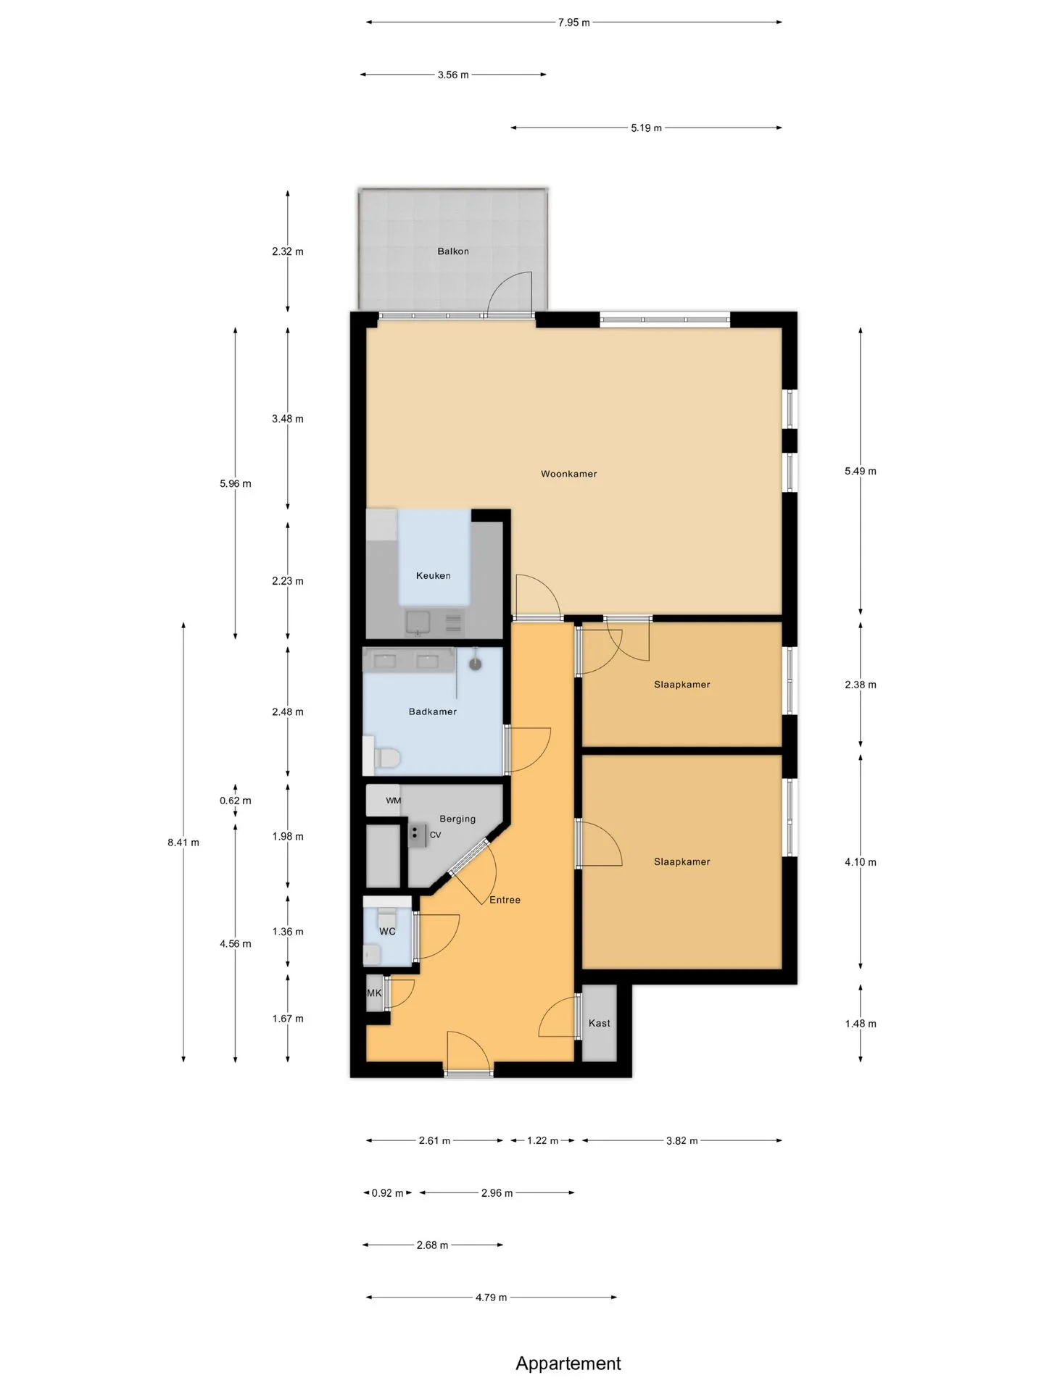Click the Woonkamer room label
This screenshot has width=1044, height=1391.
569,474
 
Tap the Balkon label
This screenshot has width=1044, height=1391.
453,251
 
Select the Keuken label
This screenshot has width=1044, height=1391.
434,576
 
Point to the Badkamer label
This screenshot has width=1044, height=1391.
433,711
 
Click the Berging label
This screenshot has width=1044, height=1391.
457,819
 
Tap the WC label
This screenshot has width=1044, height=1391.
387,932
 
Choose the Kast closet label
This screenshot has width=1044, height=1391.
600,1023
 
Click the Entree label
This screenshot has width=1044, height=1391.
505,900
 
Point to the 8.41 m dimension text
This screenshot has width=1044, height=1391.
183,843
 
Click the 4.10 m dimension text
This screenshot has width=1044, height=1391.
861,862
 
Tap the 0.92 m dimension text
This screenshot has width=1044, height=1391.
388,1193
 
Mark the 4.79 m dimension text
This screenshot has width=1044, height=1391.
492,1298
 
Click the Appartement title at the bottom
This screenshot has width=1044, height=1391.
568,1363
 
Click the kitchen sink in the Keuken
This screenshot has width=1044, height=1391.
418,622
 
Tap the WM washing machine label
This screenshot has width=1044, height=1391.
394,801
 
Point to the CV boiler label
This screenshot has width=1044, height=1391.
435,835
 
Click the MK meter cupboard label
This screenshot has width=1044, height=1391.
374,993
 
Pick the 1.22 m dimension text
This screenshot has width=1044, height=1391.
543,1141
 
